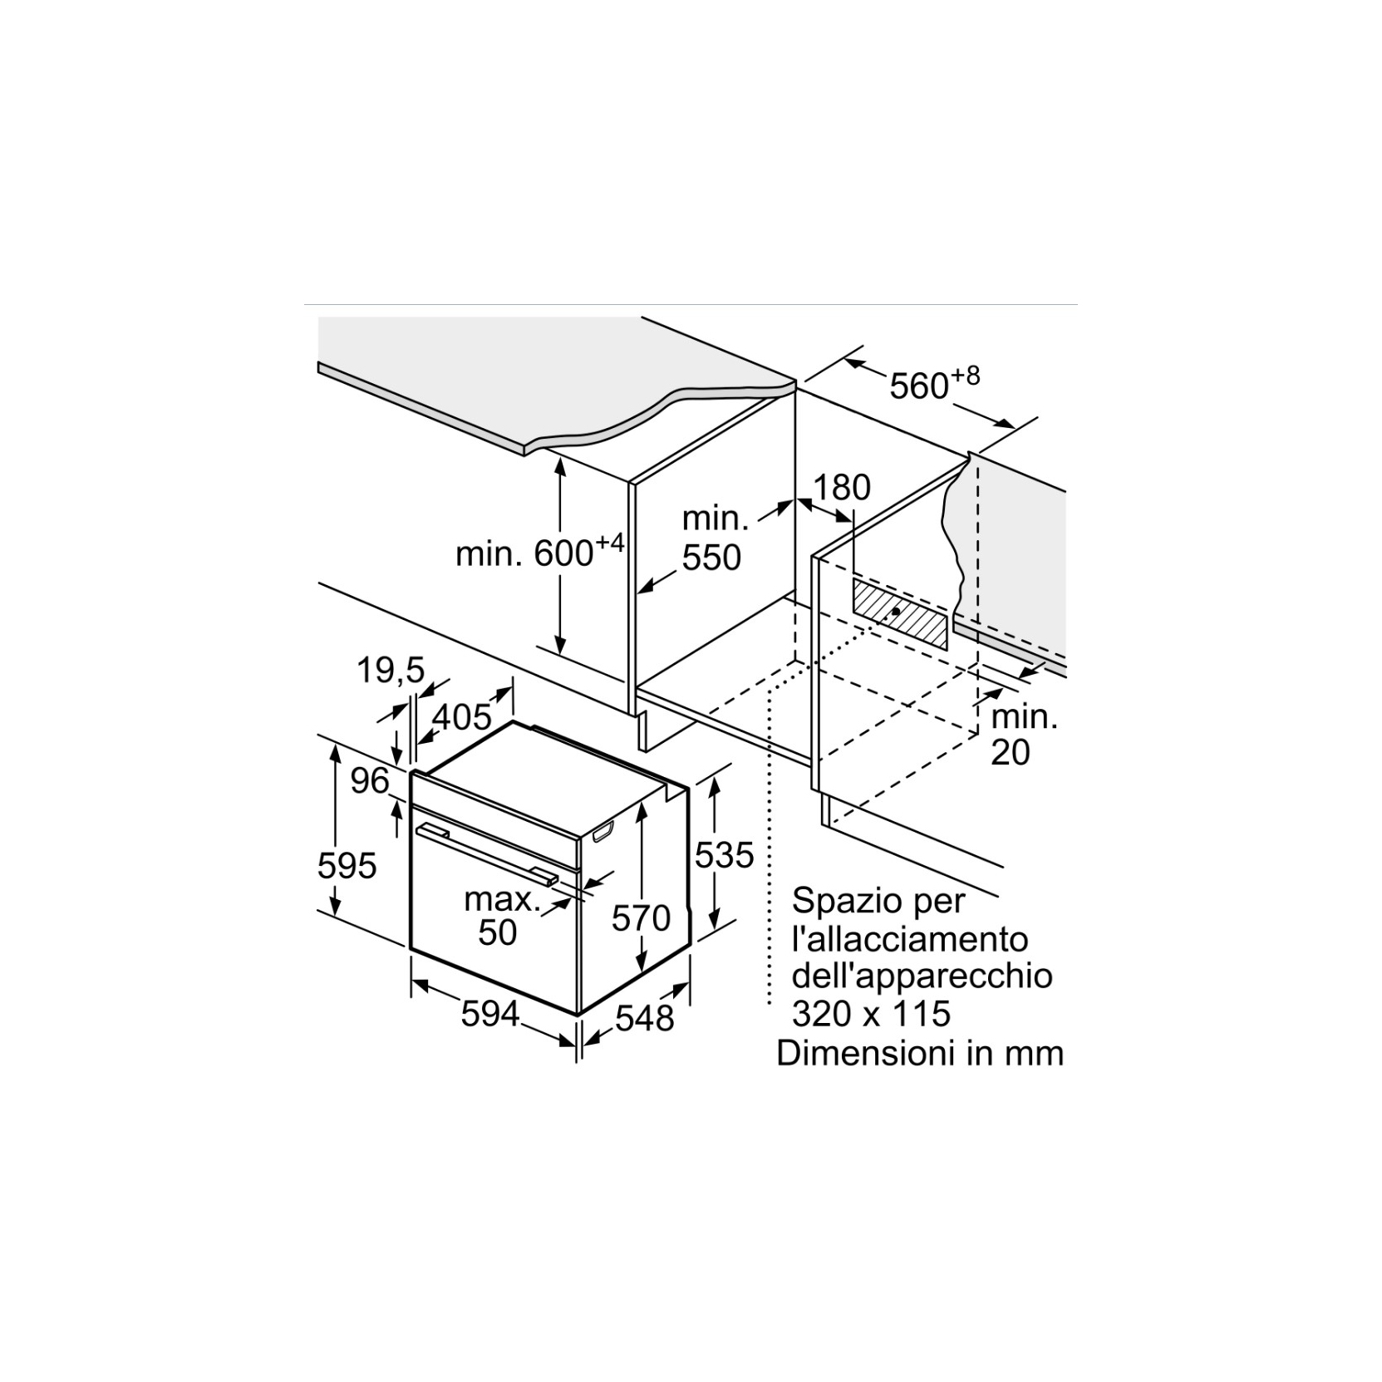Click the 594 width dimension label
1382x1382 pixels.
click(x=490, y=1014)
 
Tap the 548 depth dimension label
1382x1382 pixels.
click(x=645, y=1017)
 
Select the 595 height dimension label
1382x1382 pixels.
click(x=347, y=866)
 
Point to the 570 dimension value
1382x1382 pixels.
click(x=641, y=917)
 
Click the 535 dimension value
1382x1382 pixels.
click(x=725, y=854)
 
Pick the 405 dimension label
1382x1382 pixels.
click(x=462, y=717)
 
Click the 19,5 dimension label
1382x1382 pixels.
click(x=391, y=671)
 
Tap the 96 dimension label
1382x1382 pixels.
click(x=370, y=780)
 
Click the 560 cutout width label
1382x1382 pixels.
click(x=935, y=383)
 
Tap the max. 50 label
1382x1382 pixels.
click(x=501, y=915)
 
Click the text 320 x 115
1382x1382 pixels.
click(x=871, y=1014)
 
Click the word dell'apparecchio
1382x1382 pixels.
click(x=922, y=976)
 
